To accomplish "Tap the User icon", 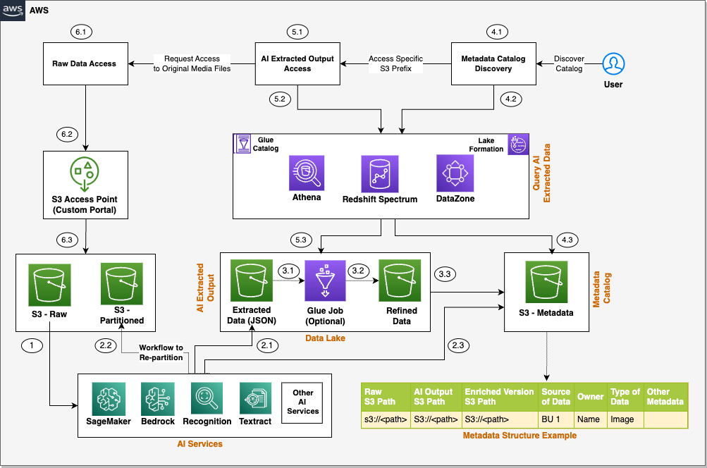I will pos(613,64).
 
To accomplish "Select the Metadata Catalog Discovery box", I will pos(493,64).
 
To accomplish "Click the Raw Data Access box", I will pos(84,64).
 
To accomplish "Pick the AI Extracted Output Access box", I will pos(297,64).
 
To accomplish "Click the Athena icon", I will pos(307,173).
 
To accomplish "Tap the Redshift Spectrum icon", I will pos(379,173).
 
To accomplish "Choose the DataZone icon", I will pos(455,173).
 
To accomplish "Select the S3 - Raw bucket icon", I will pos(49,284).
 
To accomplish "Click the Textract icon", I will pos(255,399).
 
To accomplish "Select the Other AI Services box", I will pos(302,402).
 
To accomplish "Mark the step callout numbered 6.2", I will pos(68,133).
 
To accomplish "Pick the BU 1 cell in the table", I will pos(554,419).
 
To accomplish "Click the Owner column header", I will pos(590,396).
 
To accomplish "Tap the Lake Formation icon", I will pos(518,144).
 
